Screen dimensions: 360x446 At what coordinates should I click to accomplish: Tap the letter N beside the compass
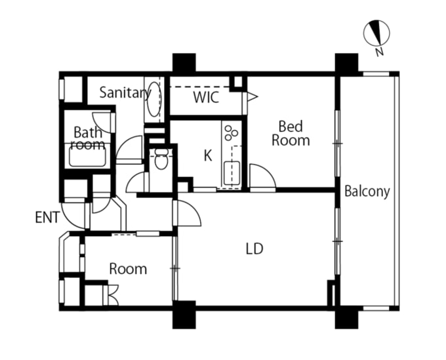tap(380, 51)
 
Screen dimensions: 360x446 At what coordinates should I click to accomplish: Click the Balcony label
tap(367, 191)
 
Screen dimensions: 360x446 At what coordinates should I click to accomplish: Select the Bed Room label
tap(291, 133)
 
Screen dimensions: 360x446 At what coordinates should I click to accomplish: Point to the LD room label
tap(254, 249)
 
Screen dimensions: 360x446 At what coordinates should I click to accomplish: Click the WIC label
tap(205, 99)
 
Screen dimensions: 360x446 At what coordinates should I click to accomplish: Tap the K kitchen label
tap(208, 155)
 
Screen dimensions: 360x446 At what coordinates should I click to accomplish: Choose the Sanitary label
tap(125, 93)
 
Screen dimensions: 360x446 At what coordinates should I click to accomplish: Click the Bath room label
tap(87, 138)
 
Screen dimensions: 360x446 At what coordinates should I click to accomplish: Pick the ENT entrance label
tap(47, 216)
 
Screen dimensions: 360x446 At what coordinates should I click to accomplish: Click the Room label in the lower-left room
tap(128, 269)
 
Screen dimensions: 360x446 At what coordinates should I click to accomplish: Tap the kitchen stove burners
tap(231, 132)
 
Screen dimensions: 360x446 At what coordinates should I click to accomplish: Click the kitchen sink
tap(232, 173)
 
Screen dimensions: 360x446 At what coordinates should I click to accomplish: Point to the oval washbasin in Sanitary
tap(153, 98)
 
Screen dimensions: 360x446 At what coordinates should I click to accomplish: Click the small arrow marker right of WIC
tap(252, 97)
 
